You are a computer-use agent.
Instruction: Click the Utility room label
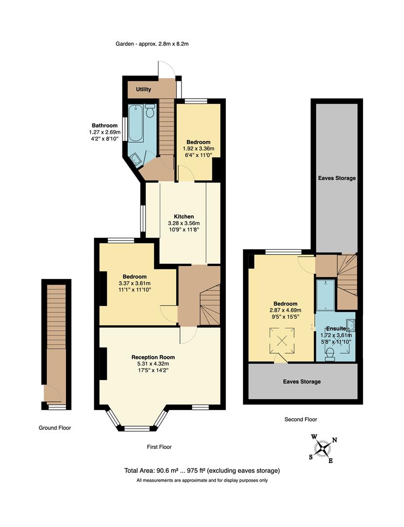(143, 90)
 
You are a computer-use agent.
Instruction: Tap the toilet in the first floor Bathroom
(150, 111)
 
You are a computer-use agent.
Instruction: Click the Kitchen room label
(184, 216)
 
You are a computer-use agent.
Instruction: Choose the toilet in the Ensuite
(330, 354)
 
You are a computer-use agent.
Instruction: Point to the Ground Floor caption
(55, 428)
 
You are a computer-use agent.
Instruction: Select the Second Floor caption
(301, 419)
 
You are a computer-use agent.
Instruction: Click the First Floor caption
(159, 447)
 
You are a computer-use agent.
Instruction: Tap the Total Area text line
(202, 471)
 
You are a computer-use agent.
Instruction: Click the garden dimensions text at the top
(152, 44)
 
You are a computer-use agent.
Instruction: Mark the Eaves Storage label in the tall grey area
(337, 178)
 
